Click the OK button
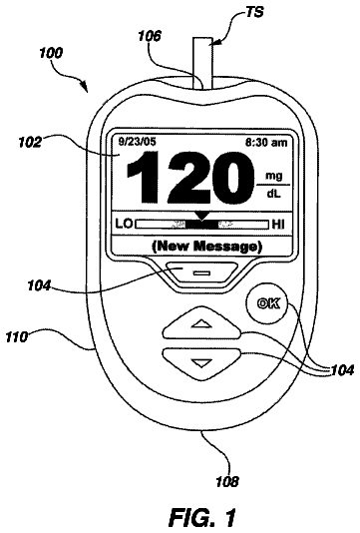(267, 303)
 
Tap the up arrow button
(201, 323)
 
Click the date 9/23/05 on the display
(137, 142)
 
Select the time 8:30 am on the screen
(266, 143)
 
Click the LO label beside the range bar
(124, 225)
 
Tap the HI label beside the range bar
(278, 225)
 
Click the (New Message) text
(206, 246)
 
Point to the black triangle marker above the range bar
(202, 216)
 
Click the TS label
(254, 13)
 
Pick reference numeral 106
(150, 36)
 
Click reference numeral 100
(51, 53)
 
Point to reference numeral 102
(30, 142)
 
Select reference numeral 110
(16, 336)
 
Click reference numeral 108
(227, 481)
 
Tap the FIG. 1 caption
(202, 517)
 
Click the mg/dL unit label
(273, 186)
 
